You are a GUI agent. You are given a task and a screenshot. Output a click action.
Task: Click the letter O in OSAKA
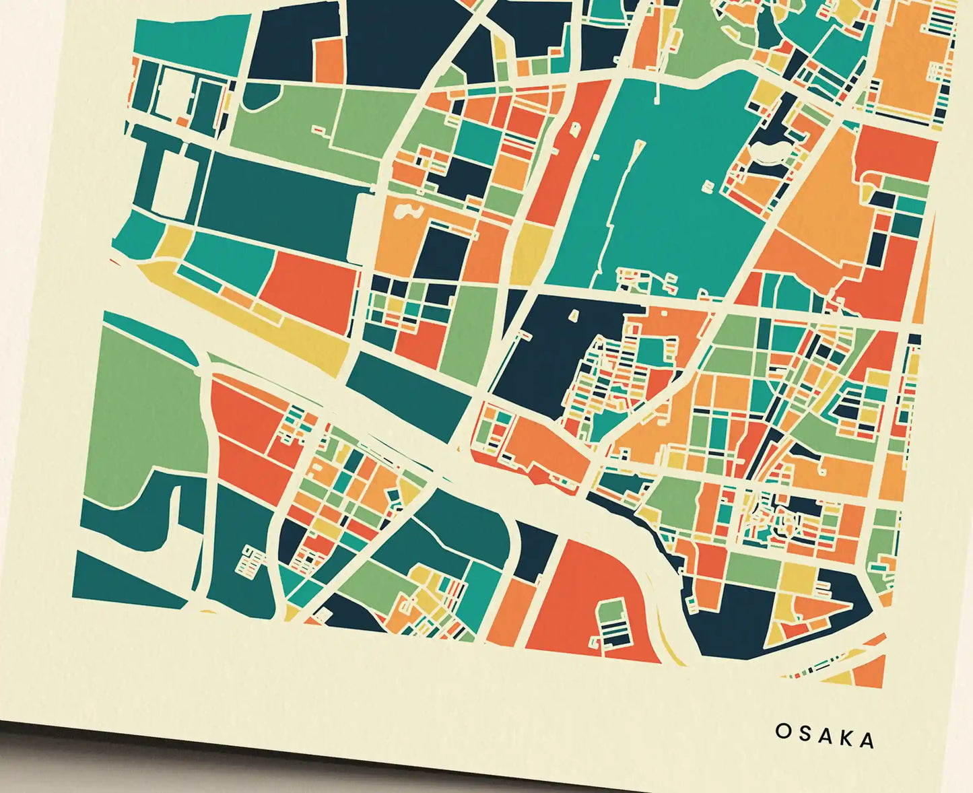pos(782,731)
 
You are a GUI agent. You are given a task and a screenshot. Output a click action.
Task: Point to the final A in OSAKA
pos(868,740)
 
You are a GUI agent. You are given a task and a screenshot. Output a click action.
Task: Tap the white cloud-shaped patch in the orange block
pos(406,212)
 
